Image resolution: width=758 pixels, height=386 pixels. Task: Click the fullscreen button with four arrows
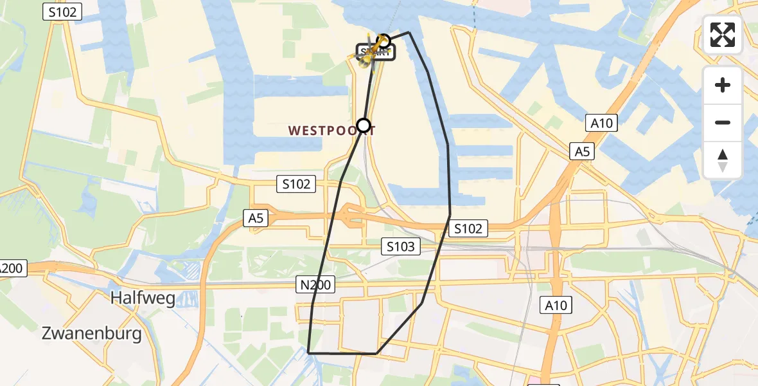click(x=723, y=35)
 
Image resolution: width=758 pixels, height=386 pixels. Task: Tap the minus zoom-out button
click(x=723, y=122)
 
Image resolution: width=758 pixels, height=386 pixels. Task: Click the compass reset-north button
click(x=723, y=160)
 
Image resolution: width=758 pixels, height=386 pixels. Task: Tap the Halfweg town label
click(x=143, y=299)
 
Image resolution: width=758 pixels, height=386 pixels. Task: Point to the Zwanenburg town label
click(x=91, y=334)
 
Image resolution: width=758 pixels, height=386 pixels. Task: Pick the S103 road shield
click(x=400, y=246)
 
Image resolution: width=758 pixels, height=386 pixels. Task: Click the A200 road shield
click(x=12, y=269)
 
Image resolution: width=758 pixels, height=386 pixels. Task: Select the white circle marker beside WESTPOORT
click(x=364, y=125)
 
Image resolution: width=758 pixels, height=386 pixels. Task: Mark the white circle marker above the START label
click(x=384, y=41)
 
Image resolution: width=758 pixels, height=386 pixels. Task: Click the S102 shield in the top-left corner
click(x=63, y=11)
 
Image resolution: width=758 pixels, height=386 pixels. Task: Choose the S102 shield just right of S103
click(x=470, y=228)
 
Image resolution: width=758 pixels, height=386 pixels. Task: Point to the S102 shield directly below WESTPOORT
click(x=296, y=185)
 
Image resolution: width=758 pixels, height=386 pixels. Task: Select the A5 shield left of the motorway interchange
click(x=256, y=218)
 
